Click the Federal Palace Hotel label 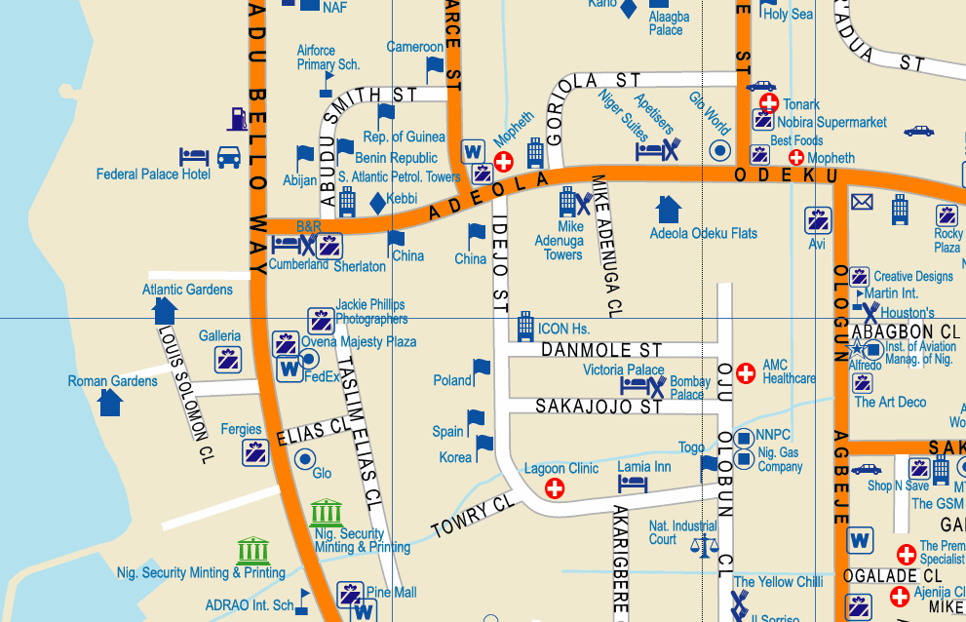point(153,175)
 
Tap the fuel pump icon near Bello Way point(237,119)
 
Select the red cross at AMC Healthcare point(746,372)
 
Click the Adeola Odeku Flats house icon point(668,209)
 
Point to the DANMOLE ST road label point(601,349)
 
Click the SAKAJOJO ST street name point(599,406)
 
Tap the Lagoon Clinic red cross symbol point(555,487)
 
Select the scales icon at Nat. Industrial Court point(703,544)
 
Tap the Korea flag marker point(484,447)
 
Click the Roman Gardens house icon point(110,401)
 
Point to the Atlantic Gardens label point(187,290)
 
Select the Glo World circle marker point(720,150)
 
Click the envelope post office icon point(862,202)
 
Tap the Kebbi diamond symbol point(377,203)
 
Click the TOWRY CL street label point(472,516)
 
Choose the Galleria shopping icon point(229,359)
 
